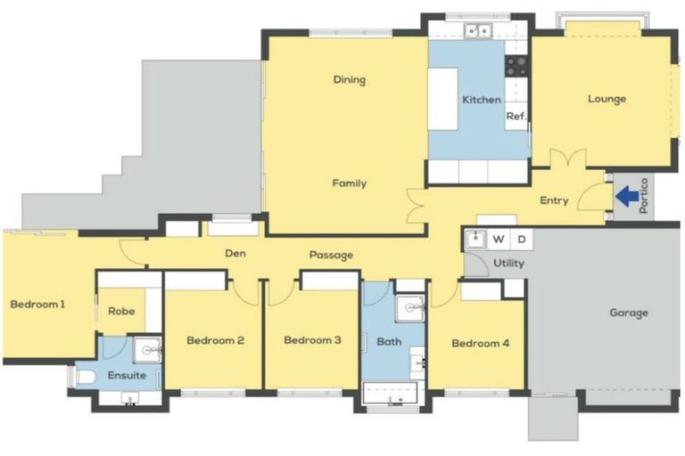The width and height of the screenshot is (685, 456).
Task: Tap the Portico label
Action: click(x=645, y=198)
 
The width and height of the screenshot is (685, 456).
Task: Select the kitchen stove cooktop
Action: click(x=516, y=64)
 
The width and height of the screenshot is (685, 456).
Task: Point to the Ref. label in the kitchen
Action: click(x=516, y=117)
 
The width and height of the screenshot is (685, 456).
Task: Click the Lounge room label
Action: click(x=607, y=99)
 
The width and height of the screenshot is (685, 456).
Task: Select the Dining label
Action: click(x=349, y=80)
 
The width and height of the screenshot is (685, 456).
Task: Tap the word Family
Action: click(x=349, y=183)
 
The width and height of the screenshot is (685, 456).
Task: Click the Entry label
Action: click(x=554, y=200)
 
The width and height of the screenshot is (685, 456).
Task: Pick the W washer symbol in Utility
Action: click(x=499, y=240)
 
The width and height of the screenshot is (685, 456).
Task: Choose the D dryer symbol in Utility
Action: click(x=522, y=240)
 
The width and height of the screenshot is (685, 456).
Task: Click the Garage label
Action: click(x=629, y=313)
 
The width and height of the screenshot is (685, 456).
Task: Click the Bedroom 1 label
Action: click(x=37, y=305)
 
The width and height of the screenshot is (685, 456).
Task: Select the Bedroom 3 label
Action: click(x=312, y=340)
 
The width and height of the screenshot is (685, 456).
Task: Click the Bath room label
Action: click(x=389, y=341)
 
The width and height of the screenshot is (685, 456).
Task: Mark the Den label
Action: click(x=235, y=254)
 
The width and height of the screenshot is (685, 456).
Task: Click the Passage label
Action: click(x=331, y=256)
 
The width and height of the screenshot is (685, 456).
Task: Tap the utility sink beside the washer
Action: click(x=475, y=240)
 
